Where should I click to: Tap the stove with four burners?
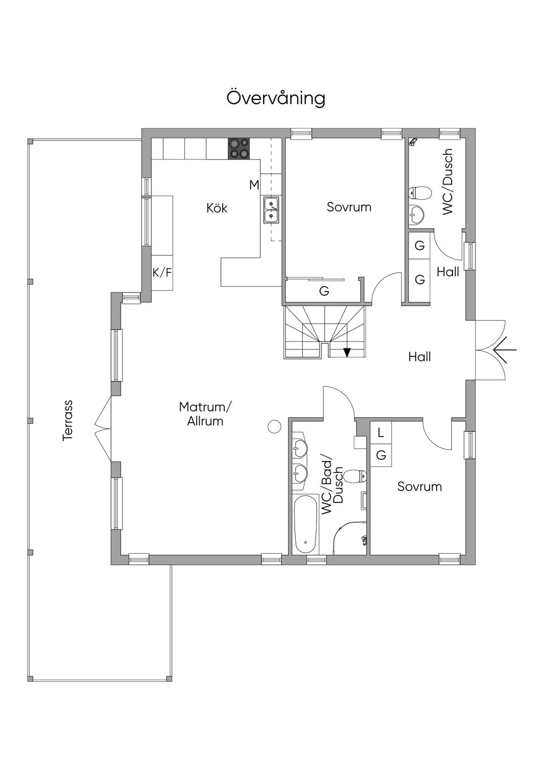(239, 148)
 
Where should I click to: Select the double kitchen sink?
(271, 210)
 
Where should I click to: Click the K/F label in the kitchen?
(162, 273)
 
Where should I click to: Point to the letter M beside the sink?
(254, 185)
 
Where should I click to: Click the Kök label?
(217, 207)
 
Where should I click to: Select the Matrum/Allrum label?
(206, 414)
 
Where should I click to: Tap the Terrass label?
(67, 420)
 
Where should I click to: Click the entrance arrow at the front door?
(505, 350)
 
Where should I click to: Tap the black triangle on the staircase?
(347, 353)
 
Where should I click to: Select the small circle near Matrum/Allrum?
(274, 426)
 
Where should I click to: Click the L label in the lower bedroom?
(380, 433)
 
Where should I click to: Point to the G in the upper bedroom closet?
(324, 291)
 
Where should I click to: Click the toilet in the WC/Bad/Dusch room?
(355, 476)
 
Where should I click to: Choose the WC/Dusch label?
(448, 182)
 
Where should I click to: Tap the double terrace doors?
(103, 429)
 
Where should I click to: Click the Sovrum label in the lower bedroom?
(420, 487)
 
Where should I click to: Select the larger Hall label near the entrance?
(420, 357)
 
